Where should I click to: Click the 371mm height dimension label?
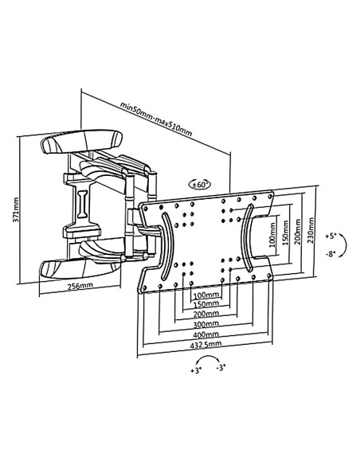point(16,209)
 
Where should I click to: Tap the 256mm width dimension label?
point(80,286)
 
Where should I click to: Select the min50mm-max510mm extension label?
point(156,119)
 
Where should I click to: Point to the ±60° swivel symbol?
point(200,185)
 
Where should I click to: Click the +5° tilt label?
point(331,236)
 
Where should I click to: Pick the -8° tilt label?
point(331,254)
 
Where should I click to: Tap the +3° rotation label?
point(196,370)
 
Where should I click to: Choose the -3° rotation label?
point(221,368)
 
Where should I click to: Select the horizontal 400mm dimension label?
point(205,334)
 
